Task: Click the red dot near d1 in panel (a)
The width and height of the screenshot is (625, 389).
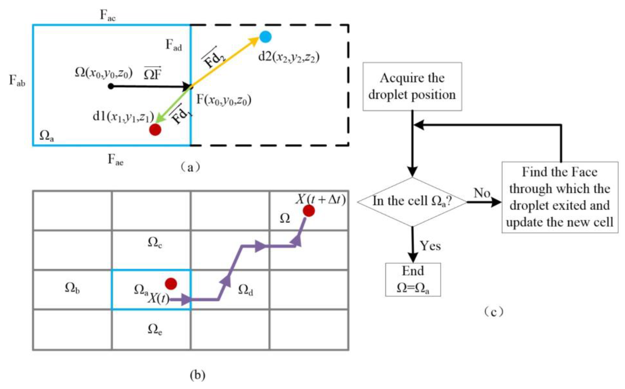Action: tap(155, 129)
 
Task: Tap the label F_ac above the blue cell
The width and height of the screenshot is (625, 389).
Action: tap(108, 15)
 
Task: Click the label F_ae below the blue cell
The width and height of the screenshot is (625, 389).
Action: tap(115, 159)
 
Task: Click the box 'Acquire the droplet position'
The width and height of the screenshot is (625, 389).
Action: tap(412, 86)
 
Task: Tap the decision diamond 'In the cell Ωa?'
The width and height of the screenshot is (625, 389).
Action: tap(412, 202)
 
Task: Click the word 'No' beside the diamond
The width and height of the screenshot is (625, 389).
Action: tap(482, 193)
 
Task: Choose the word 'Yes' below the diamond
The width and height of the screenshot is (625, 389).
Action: tap(430, 246)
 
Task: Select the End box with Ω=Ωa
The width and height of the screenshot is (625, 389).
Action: tap(413, 279)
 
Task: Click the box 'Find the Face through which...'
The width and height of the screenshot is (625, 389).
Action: tap(560, 197)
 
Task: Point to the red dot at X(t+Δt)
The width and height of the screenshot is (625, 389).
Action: tap(309, 211)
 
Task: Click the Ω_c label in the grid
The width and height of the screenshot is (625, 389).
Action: tap(155, 242)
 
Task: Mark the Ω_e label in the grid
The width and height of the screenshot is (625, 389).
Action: tap(155, 329)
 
